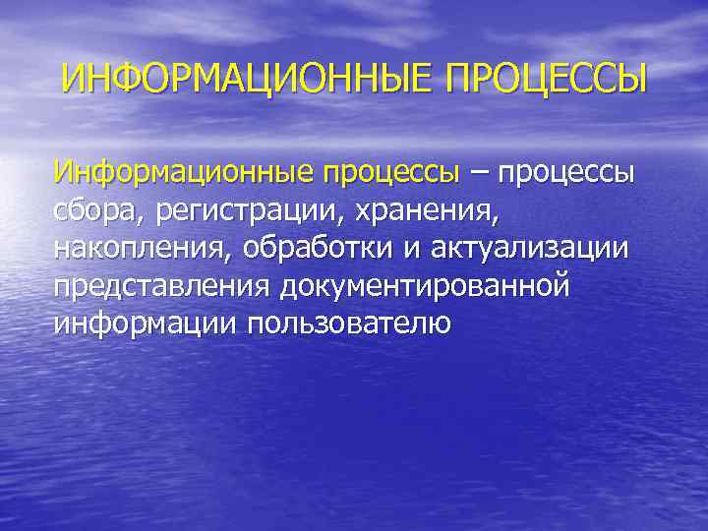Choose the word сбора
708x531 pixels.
click(96, 211)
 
